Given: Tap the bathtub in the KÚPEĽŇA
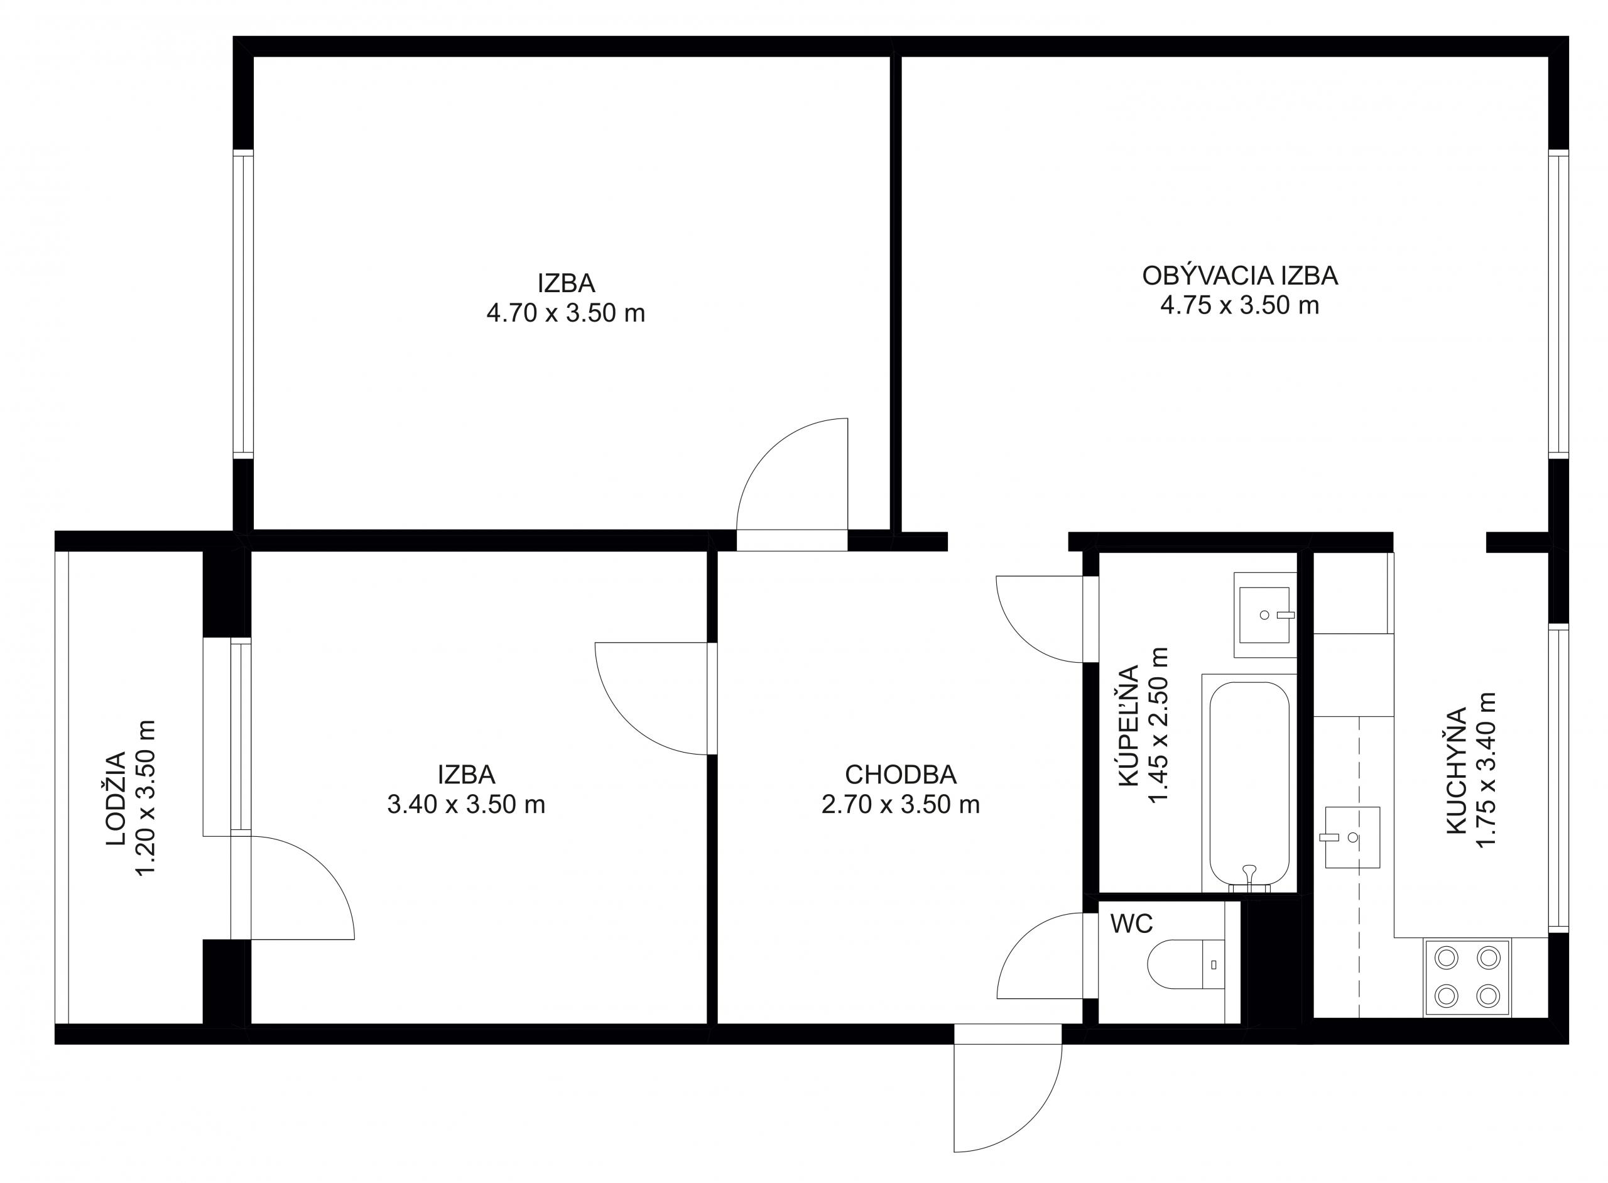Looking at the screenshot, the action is tap(1249, 785).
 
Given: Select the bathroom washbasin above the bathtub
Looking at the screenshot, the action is tap(1264, 614).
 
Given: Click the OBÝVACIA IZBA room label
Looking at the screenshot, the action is tap(1239, 276).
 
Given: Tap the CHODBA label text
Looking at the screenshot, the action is tap(900, 775).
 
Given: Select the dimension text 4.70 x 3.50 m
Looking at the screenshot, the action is tap(565, 313).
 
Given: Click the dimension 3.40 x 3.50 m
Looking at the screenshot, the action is tap(466, 805).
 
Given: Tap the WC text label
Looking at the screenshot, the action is tap(1131, 924).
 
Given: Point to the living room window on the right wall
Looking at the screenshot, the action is tap(1558, 303).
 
